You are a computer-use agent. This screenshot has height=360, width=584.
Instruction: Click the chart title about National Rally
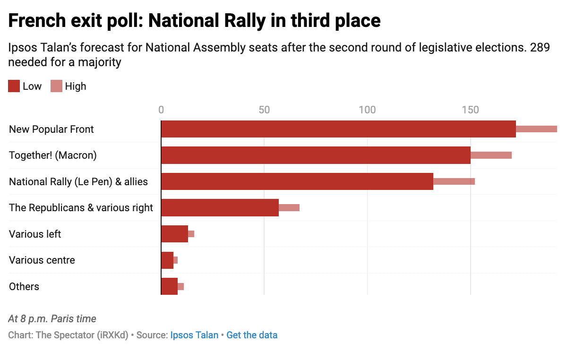point(194,21)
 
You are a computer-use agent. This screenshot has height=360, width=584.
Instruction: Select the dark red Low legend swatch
point(14,86)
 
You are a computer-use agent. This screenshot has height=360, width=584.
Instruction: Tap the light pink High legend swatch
point(56,86)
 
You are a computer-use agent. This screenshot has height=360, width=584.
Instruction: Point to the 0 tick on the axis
point(161,110)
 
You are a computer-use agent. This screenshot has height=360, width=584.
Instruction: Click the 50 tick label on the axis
point(264,110)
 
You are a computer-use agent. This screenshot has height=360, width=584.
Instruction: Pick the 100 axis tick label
point(367,110)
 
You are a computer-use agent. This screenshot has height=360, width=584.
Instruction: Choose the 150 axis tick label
point(470,110)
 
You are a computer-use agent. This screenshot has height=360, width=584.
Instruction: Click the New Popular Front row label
point(52,129)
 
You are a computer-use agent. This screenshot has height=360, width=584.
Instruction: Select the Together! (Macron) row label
point(53,155)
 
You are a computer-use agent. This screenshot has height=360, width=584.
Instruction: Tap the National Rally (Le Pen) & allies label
point(78,181)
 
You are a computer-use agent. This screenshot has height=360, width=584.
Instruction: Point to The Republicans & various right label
point(81,207)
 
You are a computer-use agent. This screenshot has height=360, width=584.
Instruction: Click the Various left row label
point(35,234)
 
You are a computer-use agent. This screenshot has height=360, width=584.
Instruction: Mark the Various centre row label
point(42,260)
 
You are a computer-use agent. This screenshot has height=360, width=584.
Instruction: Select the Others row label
point(24,286)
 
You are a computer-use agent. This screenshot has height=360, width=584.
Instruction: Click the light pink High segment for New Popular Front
point(536,129)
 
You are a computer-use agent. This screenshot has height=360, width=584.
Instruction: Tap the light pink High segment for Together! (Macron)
point(491,155)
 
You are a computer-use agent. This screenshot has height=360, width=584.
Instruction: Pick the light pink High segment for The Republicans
point(289,207)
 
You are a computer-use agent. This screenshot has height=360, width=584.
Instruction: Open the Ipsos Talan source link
point(194,335)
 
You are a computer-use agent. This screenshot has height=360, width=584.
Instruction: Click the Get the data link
point(252,335)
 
